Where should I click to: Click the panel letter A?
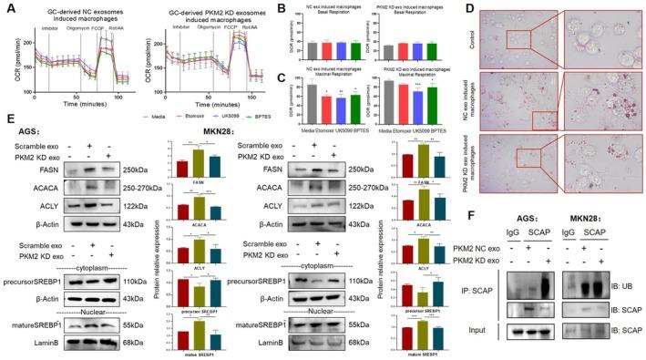click(x=8, y=8)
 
